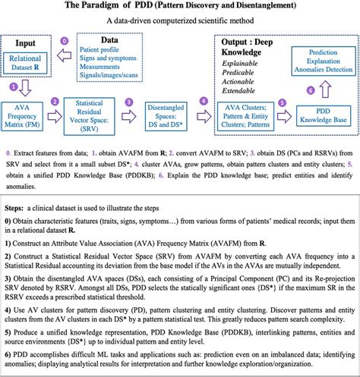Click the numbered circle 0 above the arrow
click(x=64, y=40)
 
